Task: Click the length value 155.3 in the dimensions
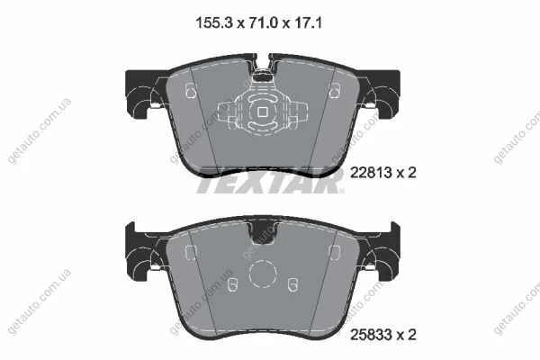214,23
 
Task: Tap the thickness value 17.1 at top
308,23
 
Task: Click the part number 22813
371,173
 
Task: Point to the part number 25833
371,335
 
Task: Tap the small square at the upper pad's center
263,112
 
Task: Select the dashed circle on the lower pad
263,274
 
